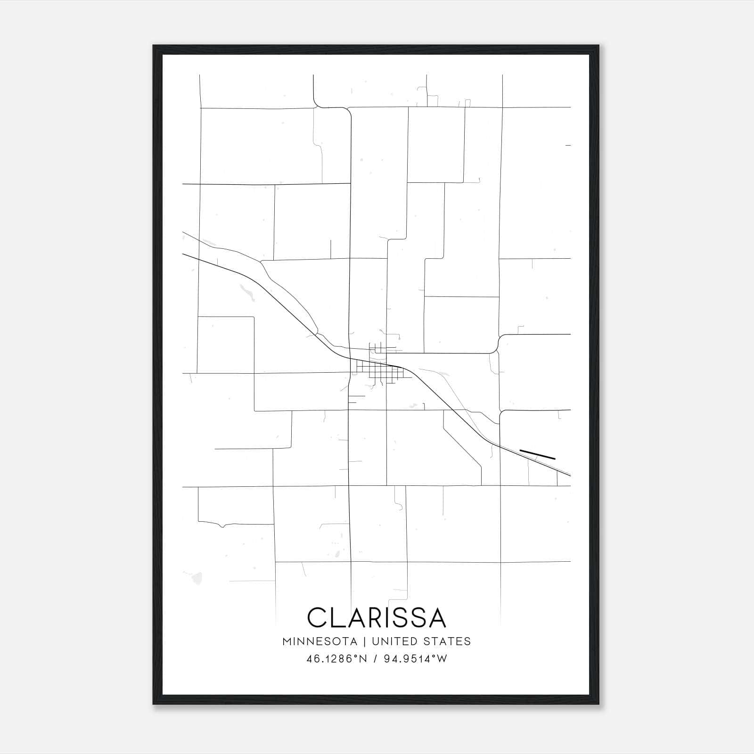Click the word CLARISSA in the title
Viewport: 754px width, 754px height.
[376, 617]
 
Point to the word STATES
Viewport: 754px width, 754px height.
[447, 641]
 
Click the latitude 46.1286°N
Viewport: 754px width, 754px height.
[336, 659]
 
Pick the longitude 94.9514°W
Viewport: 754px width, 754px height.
[415, 659]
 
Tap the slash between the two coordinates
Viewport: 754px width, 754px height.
[375, 659]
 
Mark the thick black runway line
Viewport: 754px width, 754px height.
[537, 454]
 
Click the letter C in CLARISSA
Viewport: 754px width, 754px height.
[316, 617]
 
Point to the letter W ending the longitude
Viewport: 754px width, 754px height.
[442, 659]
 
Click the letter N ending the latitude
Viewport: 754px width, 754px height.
[363, 659]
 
